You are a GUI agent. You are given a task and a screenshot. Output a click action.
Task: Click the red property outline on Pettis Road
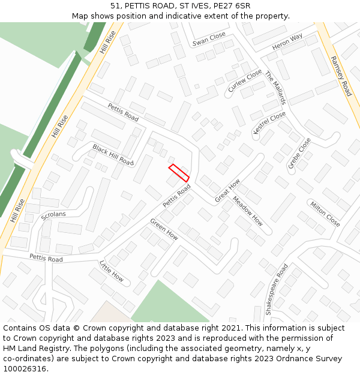pyautogui.click(x=179, y=173)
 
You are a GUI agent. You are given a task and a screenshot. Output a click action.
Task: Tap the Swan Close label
pyautogui.click(x=209, y=40)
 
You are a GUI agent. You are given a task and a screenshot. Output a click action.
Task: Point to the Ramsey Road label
pyautogui.click(x=341, y=76)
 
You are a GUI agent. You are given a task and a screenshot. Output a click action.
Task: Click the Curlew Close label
pyautogui.click(x=245, y=81)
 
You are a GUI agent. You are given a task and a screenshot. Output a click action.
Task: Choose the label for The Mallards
pyautogui.click(x=276, y=88)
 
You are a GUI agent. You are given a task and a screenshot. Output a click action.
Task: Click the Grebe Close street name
pyautogui.click(x=299, y=155)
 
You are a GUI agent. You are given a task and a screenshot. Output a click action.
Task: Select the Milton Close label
pyautogui.click(x=325, y=214)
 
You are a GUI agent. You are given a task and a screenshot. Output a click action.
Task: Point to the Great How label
pyautogui.click(x=227, y=190)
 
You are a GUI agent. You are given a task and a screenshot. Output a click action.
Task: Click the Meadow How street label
pyautogui.click(x=248, y=211)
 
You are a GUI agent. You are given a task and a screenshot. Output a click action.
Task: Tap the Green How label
pyautogui.click(x=164, y=229)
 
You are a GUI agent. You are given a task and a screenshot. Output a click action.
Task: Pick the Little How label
pyautogui.click(x=112, y=271)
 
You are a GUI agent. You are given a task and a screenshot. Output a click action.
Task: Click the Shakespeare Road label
pyautogui.click(x=277, y=289)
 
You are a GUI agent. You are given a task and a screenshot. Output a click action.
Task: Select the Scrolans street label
pyautogui.click(x=54, y=213)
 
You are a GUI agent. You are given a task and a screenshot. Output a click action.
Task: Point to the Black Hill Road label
pyautogui.click(x=113, y=154)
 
